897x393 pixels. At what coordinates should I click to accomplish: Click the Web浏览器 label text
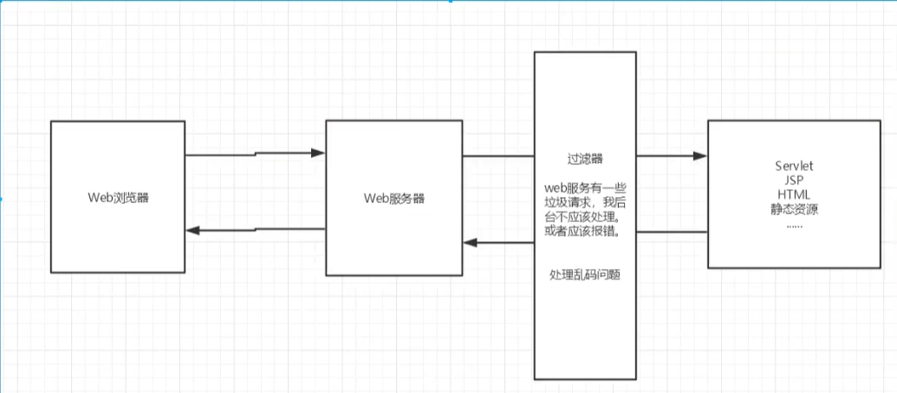point(118,197)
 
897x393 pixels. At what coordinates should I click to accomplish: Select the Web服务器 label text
point(394,197)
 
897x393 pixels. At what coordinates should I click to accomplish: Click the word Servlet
point(795,166)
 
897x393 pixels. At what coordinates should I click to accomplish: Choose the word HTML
point(795,193)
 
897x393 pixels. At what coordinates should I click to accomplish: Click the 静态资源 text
point(795,208)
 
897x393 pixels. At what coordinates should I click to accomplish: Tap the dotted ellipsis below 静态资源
point(795,223)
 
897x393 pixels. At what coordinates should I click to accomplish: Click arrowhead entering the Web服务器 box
point(317,154)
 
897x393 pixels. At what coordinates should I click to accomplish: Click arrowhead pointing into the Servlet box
point(699,157)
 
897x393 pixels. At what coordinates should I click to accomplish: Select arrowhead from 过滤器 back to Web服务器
point(471,243)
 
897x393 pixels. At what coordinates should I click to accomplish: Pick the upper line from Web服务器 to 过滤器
point(497,157)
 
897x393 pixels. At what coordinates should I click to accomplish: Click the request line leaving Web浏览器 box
point(221,156)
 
